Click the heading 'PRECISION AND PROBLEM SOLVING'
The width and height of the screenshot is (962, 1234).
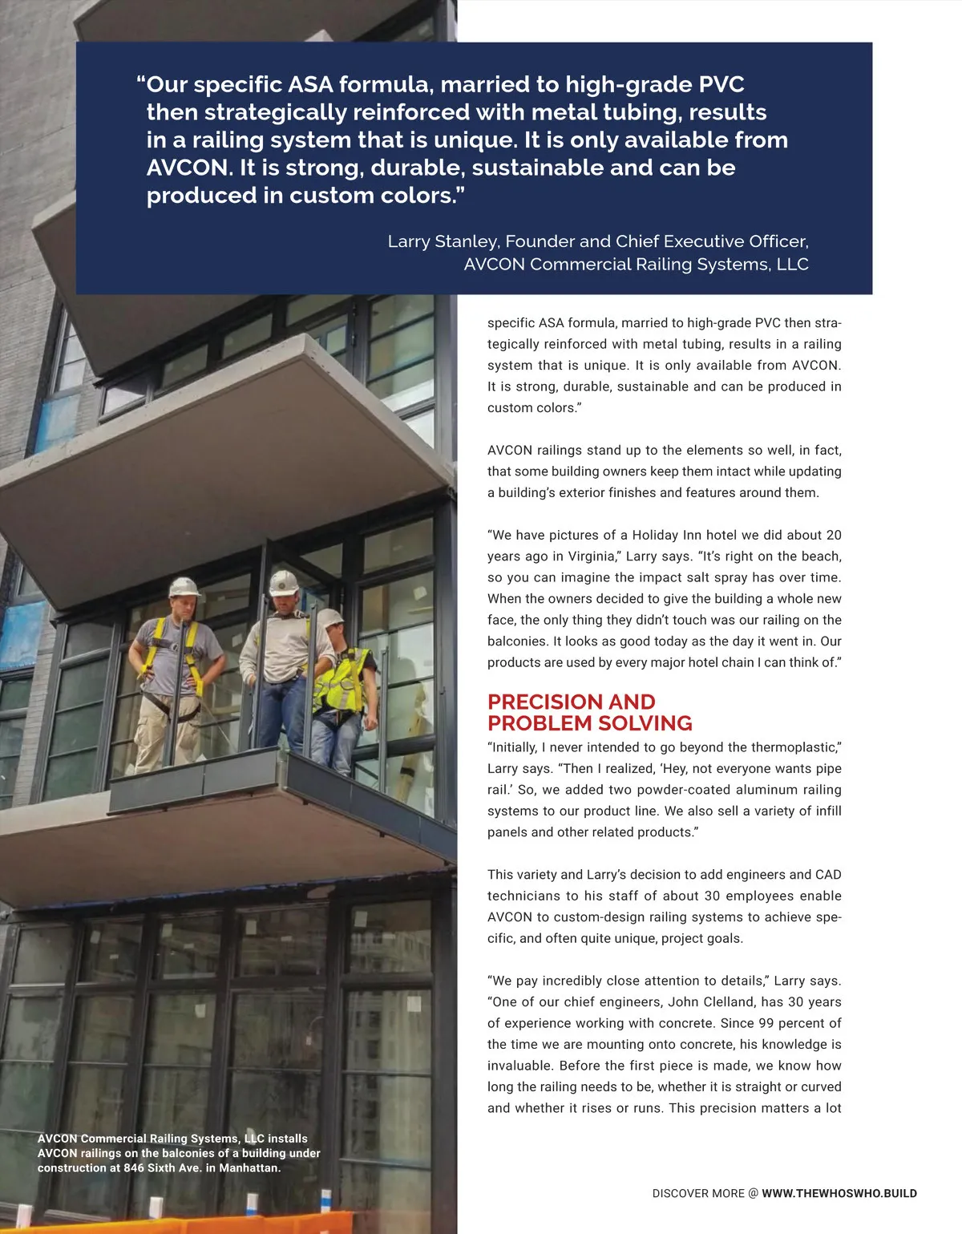point(589,712)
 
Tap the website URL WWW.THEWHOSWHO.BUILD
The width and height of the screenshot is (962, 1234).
point(839,1193)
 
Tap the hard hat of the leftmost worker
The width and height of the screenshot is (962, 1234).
point(184,586)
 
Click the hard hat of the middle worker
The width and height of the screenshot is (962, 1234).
point(284,581)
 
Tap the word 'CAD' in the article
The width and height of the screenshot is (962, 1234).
point(828,874)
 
